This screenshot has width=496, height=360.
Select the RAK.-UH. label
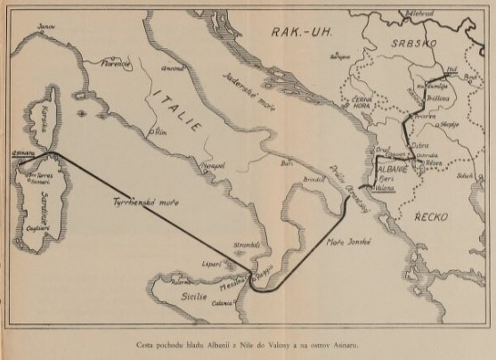tap(300, 32)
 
